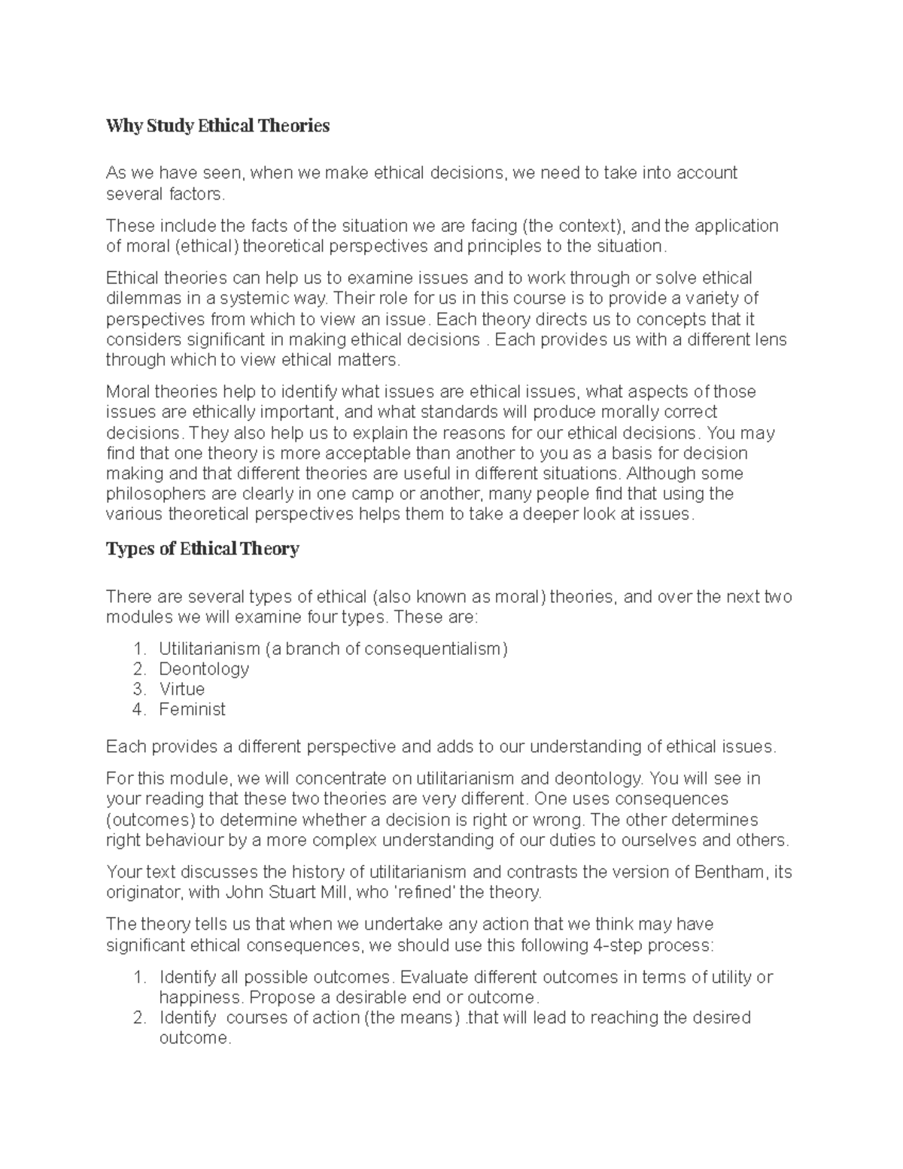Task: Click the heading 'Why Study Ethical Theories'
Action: point(218,126)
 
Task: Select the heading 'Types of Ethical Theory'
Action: point(202,549)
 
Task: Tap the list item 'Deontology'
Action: point(204,668)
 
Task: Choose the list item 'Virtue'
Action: point(181,689)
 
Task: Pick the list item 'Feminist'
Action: point(192,709)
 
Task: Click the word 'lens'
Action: point(770,339)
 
